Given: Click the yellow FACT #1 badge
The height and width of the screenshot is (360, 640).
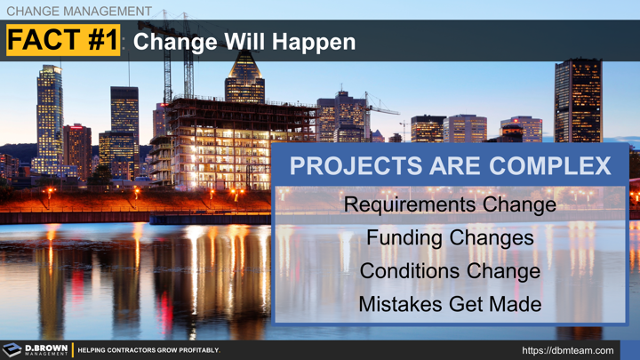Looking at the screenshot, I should tap(62, 41).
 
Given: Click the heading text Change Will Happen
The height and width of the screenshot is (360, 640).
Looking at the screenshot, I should tap(244, 42).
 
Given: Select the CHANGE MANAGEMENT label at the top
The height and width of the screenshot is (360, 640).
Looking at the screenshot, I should tap(78, 11).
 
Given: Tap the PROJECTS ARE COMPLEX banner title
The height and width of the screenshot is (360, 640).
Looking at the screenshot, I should tap(451, 166).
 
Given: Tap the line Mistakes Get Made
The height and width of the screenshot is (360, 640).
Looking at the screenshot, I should tap(450, 303).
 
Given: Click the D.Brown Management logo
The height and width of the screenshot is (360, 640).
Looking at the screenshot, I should tap(36, 350).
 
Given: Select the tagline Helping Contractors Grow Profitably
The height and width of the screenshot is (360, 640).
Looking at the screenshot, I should tap(148, 350).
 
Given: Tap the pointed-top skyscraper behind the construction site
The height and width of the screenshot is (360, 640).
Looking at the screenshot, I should tap(244, 80).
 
